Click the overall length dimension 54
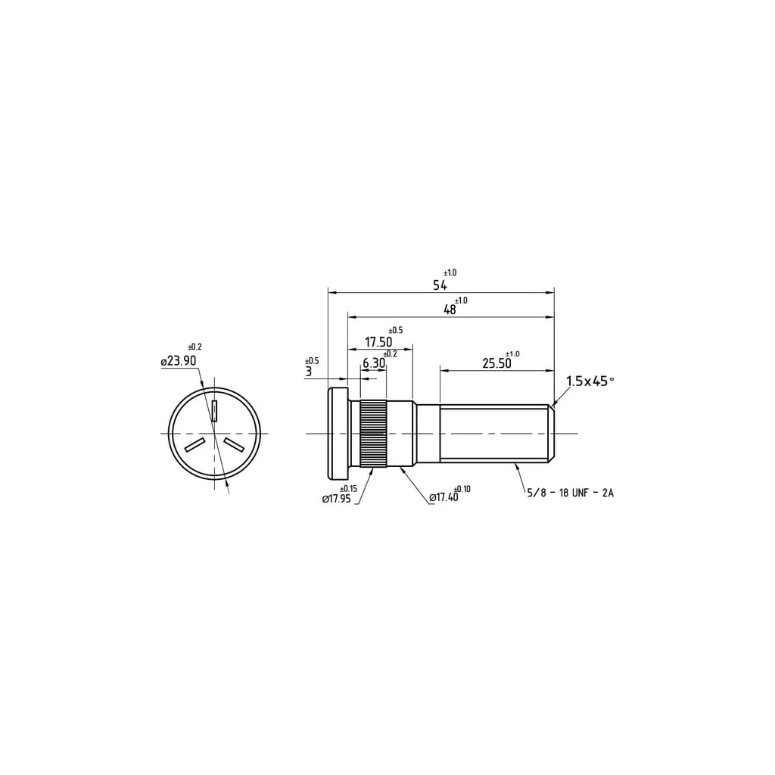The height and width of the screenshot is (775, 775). tap(440, 285)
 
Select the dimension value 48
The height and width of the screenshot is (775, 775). tap(450, 310)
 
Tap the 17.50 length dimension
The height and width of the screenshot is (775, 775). tap(378, 342)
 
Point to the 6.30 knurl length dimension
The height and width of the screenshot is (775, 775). tap(374, 363)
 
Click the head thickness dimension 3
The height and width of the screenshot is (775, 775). tap(309, 372)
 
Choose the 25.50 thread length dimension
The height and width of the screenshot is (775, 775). tap(496, 364)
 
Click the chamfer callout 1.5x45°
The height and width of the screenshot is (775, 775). tap(590, 381)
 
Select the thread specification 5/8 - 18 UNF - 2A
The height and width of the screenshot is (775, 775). tap(571, 493)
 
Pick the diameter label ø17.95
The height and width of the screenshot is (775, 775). tap(337, 499)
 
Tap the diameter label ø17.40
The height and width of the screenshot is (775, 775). tap(444, 498)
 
